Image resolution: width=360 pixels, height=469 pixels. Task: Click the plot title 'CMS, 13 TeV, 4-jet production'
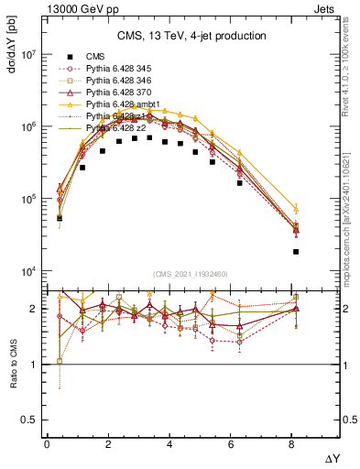coord(192,36)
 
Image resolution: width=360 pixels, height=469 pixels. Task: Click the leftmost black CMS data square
coord(59,218)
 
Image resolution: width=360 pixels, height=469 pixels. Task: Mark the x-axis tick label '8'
coord(293,444)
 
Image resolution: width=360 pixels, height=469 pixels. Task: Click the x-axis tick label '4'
coord(170,444)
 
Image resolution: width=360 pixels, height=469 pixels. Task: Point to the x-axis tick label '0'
coord(47,444)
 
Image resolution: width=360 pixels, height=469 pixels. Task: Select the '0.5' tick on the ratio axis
coord(31,420)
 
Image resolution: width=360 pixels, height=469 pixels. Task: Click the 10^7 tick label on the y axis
coord(27,55)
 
